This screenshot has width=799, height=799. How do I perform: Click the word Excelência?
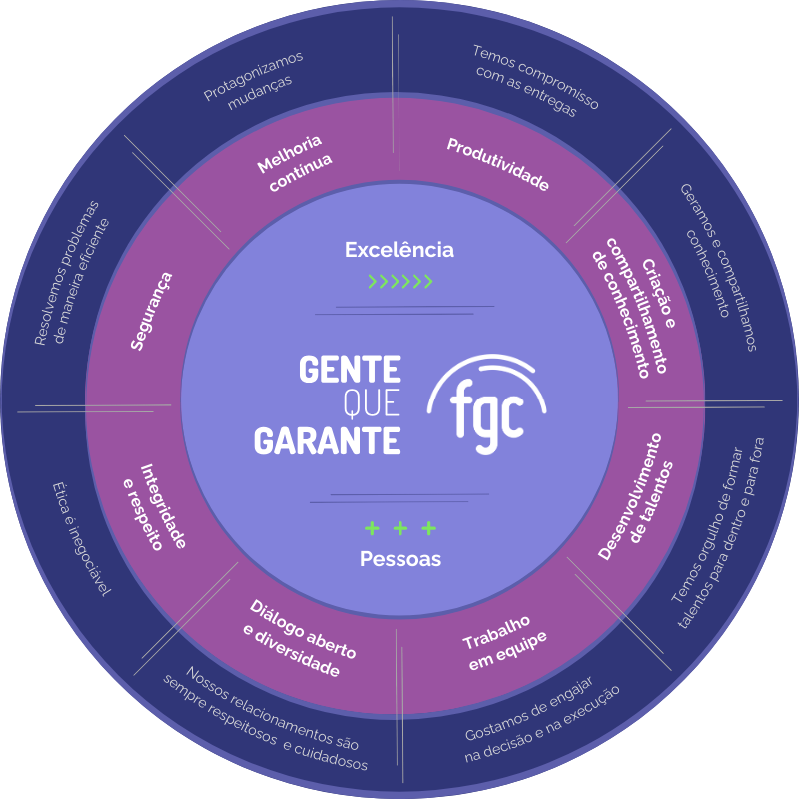coord(399,249)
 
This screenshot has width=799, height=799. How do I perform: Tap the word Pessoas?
coord(400,559)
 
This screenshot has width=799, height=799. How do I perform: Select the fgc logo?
coord(487,403)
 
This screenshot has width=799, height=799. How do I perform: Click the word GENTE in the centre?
coord(350,369)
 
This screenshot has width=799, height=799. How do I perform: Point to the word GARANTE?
coord(328,440)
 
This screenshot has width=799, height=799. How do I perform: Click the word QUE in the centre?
coord(372,403)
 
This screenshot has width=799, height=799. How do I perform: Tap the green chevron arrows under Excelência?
coord(400,281)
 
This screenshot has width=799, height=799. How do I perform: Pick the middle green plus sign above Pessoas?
coord(400,528)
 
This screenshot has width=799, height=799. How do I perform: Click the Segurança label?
coord(151,311)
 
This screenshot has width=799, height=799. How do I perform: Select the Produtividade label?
coord(497,164)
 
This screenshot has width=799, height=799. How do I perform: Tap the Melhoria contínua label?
coord(295,163)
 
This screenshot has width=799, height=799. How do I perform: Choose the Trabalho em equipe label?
coord(504,643)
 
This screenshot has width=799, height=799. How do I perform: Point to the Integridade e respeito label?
coord(155,507)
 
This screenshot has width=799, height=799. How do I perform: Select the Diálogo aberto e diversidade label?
coord(299,638)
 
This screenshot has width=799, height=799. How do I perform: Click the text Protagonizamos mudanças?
coord(254,81)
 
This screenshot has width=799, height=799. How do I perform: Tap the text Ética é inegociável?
coord(81,539)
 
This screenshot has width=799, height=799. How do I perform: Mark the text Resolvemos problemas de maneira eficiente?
coord(72,273)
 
